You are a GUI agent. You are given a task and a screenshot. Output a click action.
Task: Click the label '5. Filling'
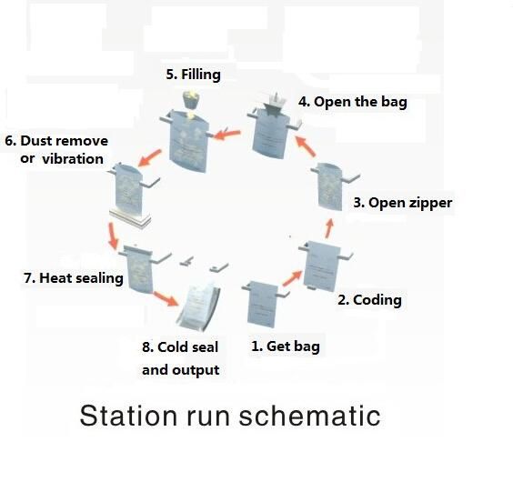[194, 75]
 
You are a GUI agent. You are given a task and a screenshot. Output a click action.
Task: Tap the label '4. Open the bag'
[353, 102]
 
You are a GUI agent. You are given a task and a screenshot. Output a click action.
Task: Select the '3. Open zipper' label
[403, 203]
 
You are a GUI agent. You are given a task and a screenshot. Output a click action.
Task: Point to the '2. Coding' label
[369, 300]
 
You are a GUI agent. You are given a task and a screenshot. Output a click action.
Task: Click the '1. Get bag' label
[286, 346]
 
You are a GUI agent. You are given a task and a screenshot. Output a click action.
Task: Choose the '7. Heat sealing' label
[74, 278]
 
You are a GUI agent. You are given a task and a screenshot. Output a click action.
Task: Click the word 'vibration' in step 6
[73, 159]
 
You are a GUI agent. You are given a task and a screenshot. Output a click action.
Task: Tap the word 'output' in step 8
[196, 370]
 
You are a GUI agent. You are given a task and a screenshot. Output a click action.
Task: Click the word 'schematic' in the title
[310, 416]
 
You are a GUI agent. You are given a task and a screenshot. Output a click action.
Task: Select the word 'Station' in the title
[128, 416]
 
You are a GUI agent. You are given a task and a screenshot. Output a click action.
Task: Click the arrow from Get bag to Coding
[293, 278]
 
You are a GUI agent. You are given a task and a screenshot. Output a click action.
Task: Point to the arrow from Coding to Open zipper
[329, 228]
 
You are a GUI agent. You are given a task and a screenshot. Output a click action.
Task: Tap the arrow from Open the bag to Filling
[227, 134]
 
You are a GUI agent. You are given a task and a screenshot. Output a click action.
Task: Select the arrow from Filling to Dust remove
[150, 158]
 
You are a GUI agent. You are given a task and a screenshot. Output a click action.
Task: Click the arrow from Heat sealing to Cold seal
[166, 298]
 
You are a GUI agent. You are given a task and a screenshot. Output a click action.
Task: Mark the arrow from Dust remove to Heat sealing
[113, 236]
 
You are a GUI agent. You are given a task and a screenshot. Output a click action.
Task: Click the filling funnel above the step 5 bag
[191, 100]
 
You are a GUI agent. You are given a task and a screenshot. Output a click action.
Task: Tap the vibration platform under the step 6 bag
[130, 218]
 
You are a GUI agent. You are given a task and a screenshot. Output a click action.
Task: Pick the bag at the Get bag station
[262, 305]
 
